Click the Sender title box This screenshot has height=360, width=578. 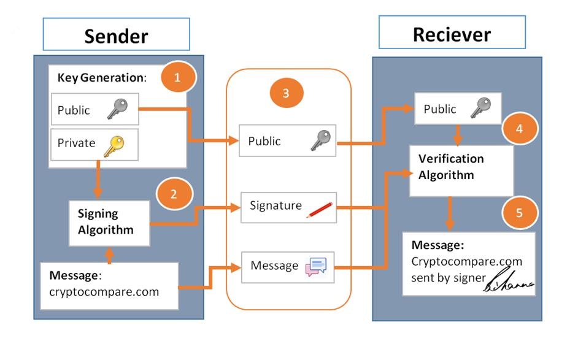pyautogui.click(x=116, y=34)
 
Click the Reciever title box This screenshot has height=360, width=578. pyautogui.click(x=452, y=33)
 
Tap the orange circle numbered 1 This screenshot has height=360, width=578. pyautogui.click(x=178, y=78)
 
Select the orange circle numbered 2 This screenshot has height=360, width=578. pyautogui.click(x=174, y=194)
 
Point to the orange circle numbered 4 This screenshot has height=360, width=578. pyautogui.click(x=519, y=129)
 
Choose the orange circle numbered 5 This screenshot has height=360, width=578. pyautogui.click(x=519, y=213)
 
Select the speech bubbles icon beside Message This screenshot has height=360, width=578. pyautogui.click(x=316, y=267)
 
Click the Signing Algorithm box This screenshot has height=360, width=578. pyautogui.click(x=109, y=222)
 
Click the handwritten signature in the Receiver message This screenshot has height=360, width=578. pyautogui.click(x=510, y=283)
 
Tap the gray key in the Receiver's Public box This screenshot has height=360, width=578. pyautogui.click(x=480, y=109)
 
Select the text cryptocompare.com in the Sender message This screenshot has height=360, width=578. pyautogui.click(x=104, y=291)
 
